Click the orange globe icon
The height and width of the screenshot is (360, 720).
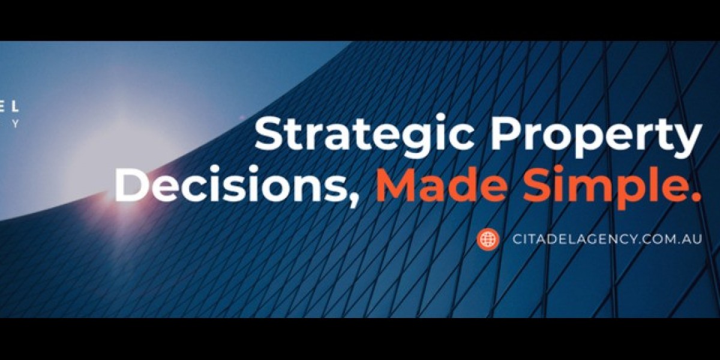tap(488, 239)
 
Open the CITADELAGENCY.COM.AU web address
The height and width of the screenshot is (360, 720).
tap(607, 239)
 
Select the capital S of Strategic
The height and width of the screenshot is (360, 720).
tap(269, 134)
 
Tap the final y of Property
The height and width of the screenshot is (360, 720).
tap(686, 142)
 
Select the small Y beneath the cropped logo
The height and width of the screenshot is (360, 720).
tap(16, 124)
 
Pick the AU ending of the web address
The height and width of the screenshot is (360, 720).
tap(693, 239)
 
